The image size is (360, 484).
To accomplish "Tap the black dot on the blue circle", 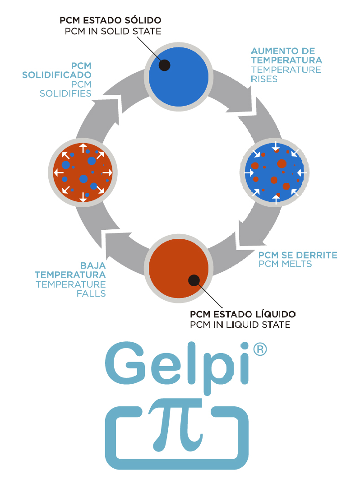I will point(165,65).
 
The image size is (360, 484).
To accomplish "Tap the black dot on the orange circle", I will point(194,280).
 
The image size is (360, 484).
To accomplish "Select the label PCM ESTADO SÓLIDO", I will point(111,21).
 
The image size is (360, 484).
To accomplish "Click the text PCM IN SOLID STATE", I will point(113,31).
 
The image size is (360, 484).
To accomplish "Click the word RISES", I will point(264,79).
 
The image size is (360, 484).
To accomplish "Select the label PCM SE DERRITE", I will point(298,255).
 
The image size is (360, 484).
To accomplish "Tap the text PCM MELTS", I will point(285,264).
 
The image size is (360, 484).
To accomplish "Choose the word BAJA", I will point(93,265).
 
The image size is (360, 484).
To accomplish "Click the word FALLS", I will point(91,293).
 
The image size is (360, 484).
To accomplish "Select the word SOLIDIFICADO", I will point(57,74).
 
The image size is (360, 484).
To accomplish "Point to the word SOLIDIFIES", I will point(66,93).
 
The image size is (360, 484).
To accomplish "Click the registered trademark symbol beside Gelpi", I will point(258,349).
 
